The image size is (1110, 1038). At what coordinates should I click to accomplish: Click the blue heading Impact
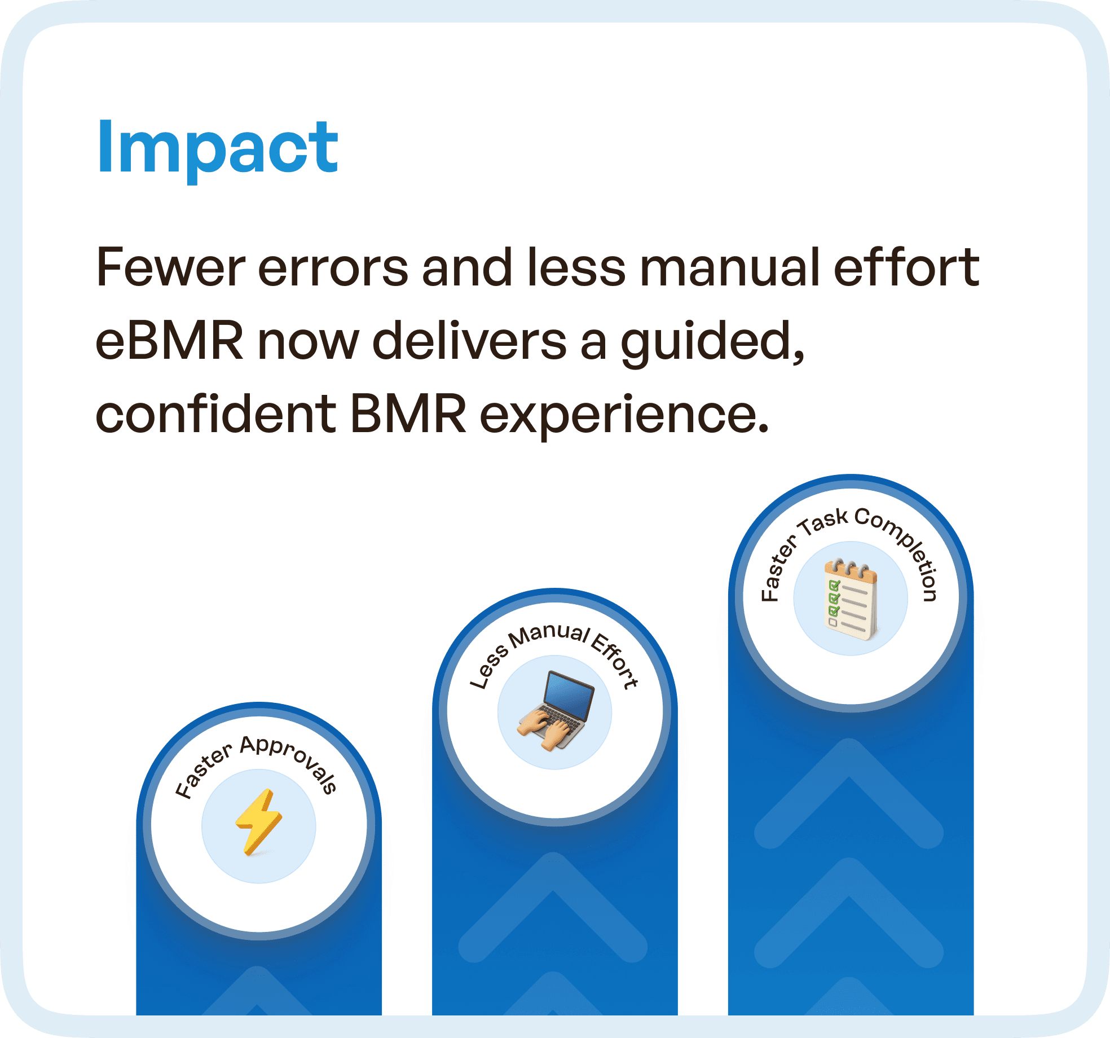(217, 148)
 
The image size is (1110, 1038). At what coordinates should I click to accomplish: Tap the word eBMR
(169, 341)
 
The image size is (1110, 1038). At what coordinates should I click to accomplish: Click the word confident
(215, 415)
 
